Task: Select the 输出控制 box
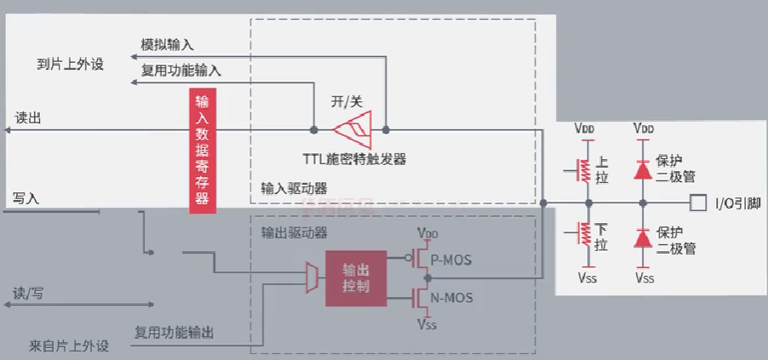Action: [356, 278]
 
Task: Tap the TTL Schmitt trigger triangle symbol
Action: [352, 130]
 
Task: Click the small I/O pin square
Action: [697, 203]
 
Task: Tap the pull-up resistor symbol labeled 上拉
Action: [584, 168]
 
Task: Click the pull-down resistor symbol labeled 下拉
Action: [584, 238]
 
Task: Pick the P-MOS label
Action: [451, 260]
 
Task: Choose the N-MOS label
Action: [451, 298]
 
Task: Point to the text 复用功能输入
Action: [181, 71]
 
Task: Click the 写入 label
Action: [26, 198]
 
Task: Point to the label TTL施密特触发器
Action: [353, 158]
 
